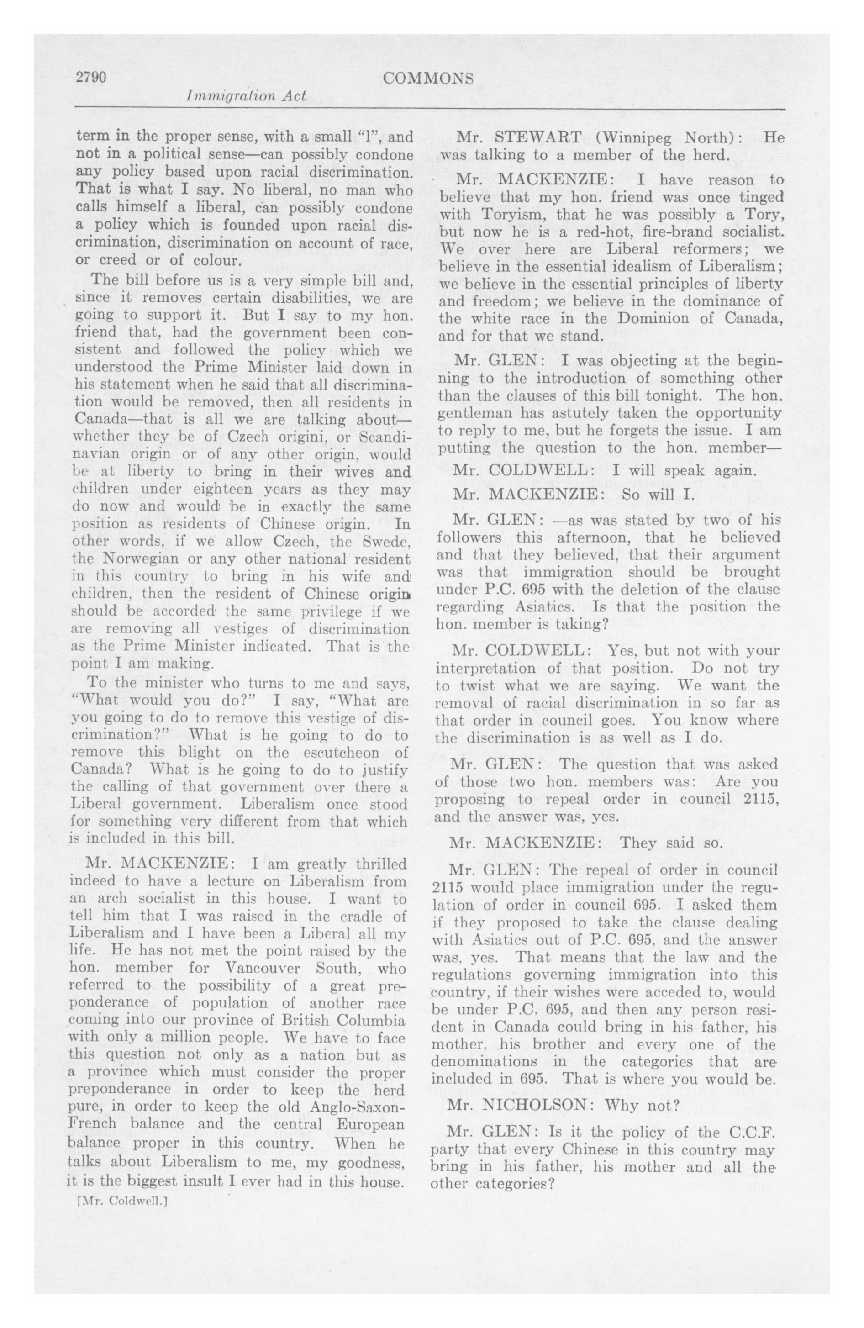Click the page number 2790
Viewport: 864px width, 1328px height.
point(91,78)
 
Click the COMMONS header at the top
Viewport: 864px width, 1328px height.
point(428,79)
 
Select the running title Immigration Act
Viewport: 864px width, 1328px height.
point(247,95)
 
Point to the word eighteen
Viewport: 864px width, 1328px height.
point(216,490)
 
